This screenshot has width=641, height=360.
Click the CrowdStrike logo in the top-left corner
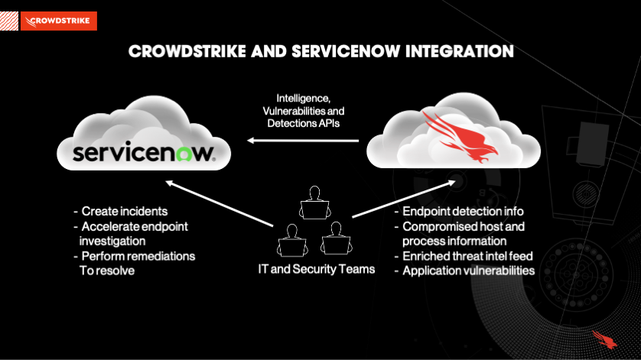click(x=59, y=21)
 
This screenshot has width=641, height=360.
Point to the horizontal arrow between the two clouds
click(x=303, y=141)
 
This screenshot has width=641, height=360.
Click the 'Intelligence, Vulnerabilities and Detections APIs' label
click(x=303, y=111)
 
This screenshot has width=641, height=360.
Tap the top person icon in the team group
click(x=313, y=202)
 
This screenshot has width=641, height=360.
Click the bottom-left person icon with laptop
click(x=290, y=239)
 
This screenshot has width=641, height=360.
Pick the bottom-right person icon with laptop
click(x=334, y=239)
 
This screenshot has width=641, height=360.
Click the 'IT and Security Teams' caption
click(x=316, y=269)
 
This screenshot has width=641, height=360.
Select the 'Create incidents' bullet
click(x=124, y=211)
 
